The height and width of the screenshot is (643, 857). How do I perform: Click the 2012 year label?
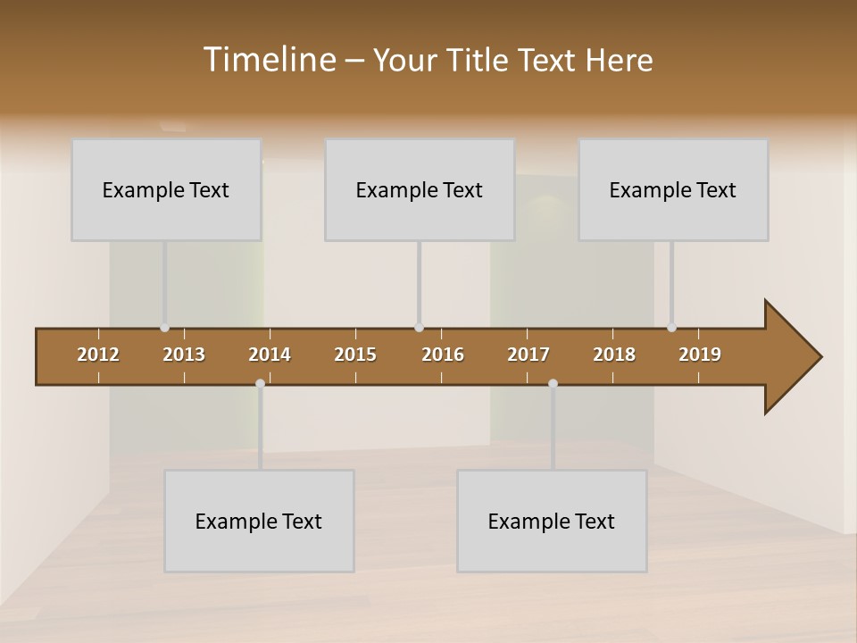(98, 355)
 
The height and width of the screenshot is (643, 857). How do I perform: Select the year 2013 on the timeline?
(184, 355)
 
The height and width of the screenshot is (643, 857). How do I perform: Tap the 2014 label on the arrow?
(270, 355)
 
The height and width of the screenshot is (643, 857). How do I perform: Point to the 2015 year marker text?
(355, 355)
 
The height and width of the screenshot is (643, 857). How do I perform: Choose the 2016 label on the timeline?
(443, 355)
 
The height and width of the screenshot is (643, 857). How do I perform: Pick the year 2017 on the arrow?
(528, 355)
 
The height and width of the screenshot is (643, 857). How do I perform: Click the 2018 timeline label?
(614, 355)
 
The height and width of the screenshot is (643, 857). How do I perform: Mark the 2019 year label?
(700, 355)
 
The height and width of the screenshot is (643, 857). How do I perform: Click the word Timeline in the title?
(269, 59)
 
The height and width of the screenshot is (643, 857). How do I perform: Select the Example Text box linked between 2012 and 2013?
(166, 189)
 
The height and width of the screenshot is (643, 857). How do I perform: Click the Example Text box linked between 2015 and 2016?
(420, 189)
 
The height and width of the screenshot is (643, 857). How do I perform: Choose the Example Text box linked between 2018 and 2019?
(673, 189)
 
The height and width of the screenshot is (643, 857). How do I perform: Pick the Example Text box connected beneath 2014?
(259, 521)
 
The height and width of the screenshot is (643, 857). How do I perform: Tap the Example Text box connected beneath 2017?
(552, 521)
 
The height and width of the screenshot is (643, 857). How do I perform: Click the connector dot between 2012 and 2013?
(164, 328)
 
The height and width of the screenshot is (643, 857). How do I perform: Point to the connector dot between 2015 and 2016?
(419, 328)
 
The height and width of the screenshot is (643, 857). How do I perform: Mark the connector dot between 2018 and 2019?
(671, 328)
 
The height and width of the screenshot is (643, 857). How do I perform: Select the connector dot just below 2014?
(260, 384)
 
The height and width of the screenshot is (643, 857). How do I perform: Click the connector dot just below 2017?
(553, 384)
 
